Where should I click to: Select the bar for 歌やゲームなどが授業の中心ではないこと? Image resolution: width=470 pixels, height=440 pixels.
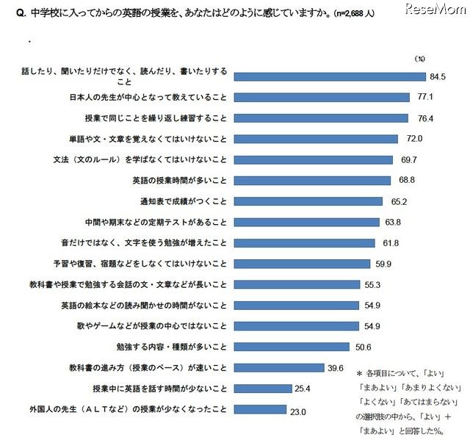tap(297, 326)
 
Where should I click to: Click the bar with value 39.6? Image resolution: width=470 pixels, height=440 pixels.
tap(280, 367)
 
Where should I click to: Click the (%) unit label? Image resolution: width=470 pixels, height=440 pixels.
tap(419, 57)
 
